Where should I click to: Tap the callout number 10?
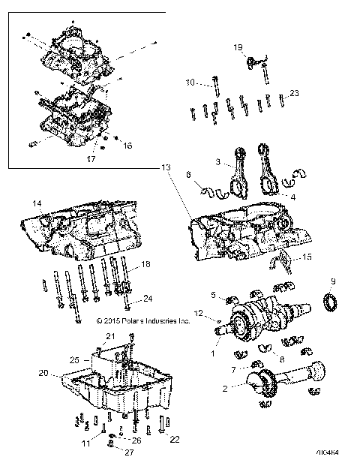click(x=190, y=82)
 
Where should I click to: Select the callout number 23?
click(x=294, y=93)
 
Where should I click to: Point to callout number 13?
click(x=165, y=168)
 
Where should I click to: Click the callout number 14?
click(x=35, y=203)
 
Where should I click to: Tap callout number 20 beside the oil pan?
click(x=43, y=373)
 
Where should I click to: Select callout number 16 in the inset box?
click(x=127, y=146)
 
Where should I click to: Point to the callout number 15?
click(x=306, y=257)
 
